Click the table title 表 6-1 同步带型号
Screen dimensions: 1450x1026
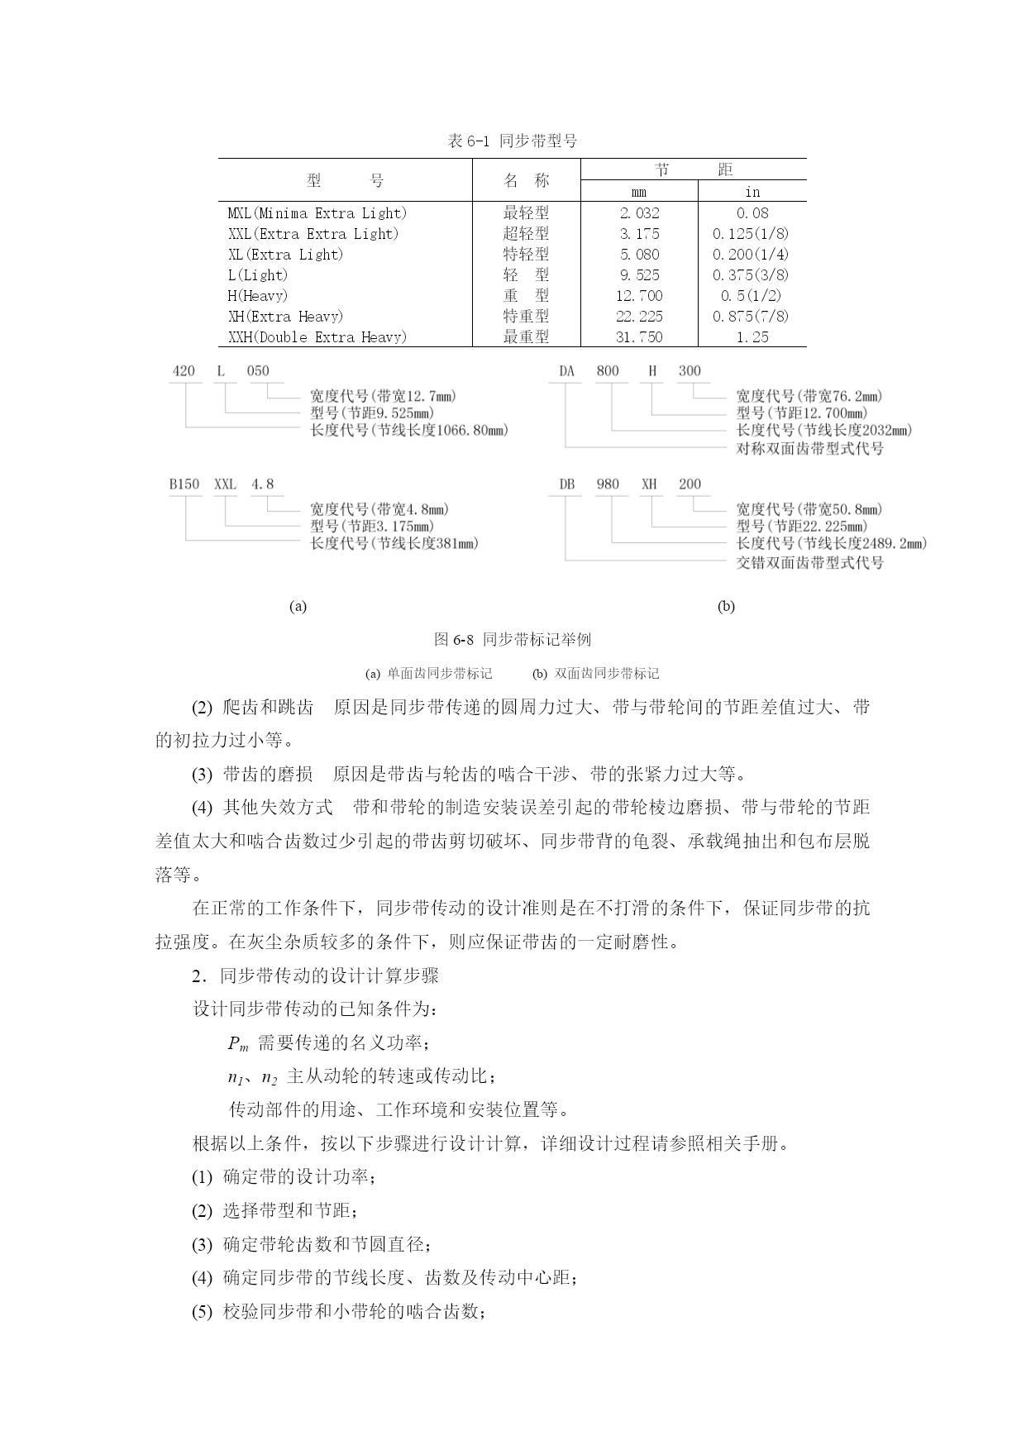[x=512, y=141]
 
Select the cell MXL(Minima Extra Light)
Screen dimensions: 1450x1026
[x=317, y=213]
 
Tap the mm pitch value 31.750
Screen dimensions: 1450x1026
[x=639, y=337]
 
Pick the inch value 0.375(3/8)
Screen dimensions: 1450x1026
[x=751, y=275]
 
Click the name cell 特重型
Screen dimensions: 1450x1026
[x=526, y=317]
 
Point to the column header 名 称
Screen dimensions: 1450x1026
[x=526, y=180]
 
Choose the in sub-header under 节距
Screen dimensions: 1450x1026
[x=752, y=192]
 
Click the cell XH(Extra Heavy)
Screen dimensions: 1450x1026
[x=285, y=317]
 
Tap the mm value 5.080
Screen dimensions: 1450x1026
[x=639, y=255]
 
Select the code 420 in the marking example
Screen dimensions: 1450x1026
[x=184, y=371]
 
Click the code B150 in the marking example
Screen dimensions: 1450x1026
[x=184, y=484]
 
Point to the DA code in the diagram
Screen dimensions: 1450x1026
[x=566, y=371]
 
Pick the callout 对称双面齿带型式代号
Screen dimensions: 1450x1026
[x=809, y=449]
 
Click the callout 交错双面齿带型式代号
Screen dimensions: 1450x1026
[x=809, y=563]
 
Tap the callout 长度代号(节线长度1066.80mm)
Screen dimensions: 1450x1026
[x=409, y=430]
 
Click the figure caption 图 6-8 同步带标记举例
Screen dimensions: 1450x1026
[x=512, y=640]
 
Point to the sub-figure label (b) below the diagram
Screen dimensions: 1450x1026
[x=726, y=606]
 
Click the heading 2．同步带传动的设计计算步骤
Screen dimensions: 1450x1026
[x=315, y=976]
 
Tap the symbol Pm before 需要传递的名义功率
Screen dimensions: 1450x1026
[x=237, y=1044]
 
